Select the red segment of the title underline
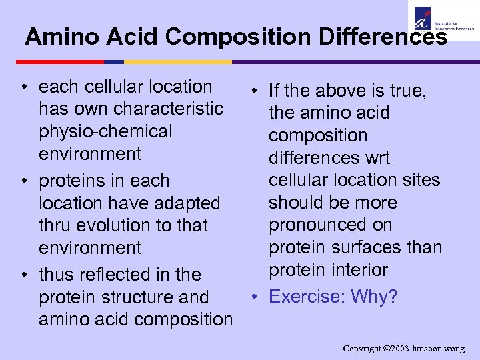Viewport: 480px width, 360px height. (x=59, y=62)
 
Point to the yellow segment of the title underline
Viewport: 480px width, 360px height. (x=177, y=62)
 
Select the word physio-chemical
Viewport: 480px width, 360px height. (x=105, y=131)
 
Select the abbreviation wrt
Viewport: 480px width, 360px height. (x=375, y=158)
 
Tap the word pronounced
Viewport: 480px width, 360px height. (x=330, y=225)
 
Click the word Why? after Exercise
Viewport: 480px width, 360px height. (x=375, y=296)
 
